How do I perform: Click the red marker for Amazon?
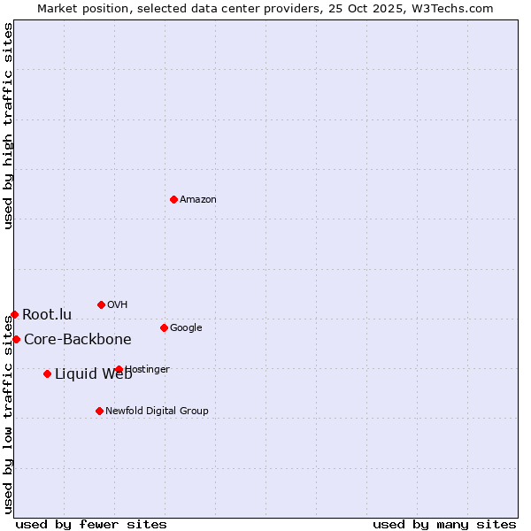[x=173, y=199]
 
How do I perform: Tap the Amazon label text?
[x=198, y=200]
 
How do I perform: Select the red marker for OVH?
[x=101, y=304]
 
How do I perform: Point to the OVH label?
[x=118, y=305]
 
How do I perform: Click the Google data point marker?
[x=164, y=327]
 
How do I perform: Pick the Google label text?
[x=186, y=328]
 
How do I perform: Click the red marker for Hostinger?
[x=119, y=369]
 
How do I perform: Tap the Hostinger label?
[x=148, y=370]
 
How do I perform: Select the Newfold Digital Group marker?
[x=99, y=411]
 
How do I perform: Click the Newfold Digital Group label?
[x=158, y=411]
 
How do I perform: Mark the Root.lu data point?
[x=14, y=314]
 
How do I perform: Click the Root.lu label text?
[x=47, y=314]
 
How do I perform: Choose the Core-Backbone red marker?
[x=16, y=339]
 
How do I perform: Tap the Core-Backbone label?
[x=78, y=340]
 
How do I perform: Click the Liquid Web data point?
[x=47, y=373]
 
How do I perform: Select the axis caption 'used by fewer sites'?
[x=91, y=524]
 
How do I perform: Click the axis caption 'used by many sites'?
[x=444, y=524]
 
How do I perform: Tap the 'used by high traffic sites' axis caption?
[x=8, y=126]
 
